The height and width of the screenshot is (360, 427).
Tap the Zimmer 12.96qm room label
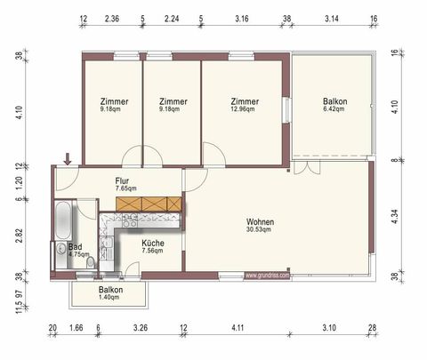(243, 106)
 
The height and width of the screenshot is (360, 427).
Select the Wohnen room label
(261, 226)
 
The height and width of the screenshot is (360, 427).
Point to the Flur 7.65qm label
(124, 184)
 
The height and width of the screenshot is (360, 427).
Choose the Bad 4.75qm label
(80, 250)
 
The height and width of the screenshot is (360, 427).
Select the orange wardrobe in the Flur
(149, 203)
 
